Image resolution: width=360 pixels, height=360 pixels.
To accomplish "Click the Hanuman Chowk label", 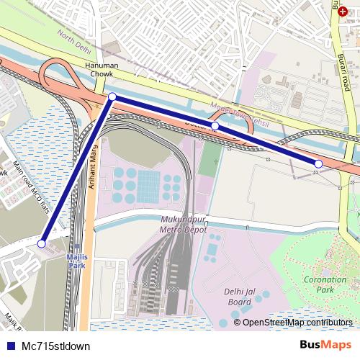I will [x=102, y=69].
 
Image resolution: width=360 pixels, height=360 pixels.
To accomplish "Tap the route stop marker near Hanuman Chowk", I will [x=112, y=96].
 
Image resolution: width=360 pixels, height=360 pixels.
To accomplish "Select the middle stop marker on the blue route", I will [x=215, y=126].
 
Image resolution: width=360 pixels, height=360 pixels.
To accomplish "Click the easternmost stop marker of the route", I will [x=318, y=164].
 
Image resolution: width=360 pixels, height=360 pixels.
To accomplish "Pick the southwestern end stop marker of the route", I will [x=41, y=244].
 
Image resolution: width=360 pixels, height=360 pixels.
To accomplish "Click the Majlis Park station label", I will [x=77, y=261].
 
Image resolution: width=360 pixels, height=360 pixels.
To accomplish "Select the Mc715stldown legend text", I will [x=56, y=346].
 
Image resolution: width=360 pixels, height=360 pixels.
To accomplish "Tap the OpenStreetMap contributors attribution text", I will [x=297, y=323].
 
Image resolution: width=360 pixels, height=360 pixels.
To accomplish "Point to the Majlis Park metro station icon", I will [x=77, y=247].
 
